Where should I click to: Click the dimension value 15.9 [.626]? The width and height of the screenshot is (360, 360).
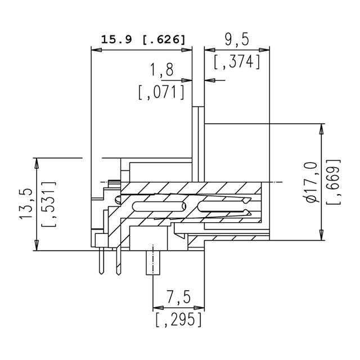[142, 40]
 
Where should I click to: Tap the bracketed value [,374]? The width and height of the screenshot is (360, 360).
[237, 62]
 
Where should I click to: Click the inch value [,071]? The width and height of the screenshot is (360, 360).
[161, 91]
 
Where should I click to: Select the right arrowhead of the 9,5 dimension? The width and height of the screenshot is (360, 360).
[267, 51]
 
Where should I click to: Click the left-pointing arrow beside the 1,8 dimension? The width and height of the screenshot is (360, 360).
[209, 80]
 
